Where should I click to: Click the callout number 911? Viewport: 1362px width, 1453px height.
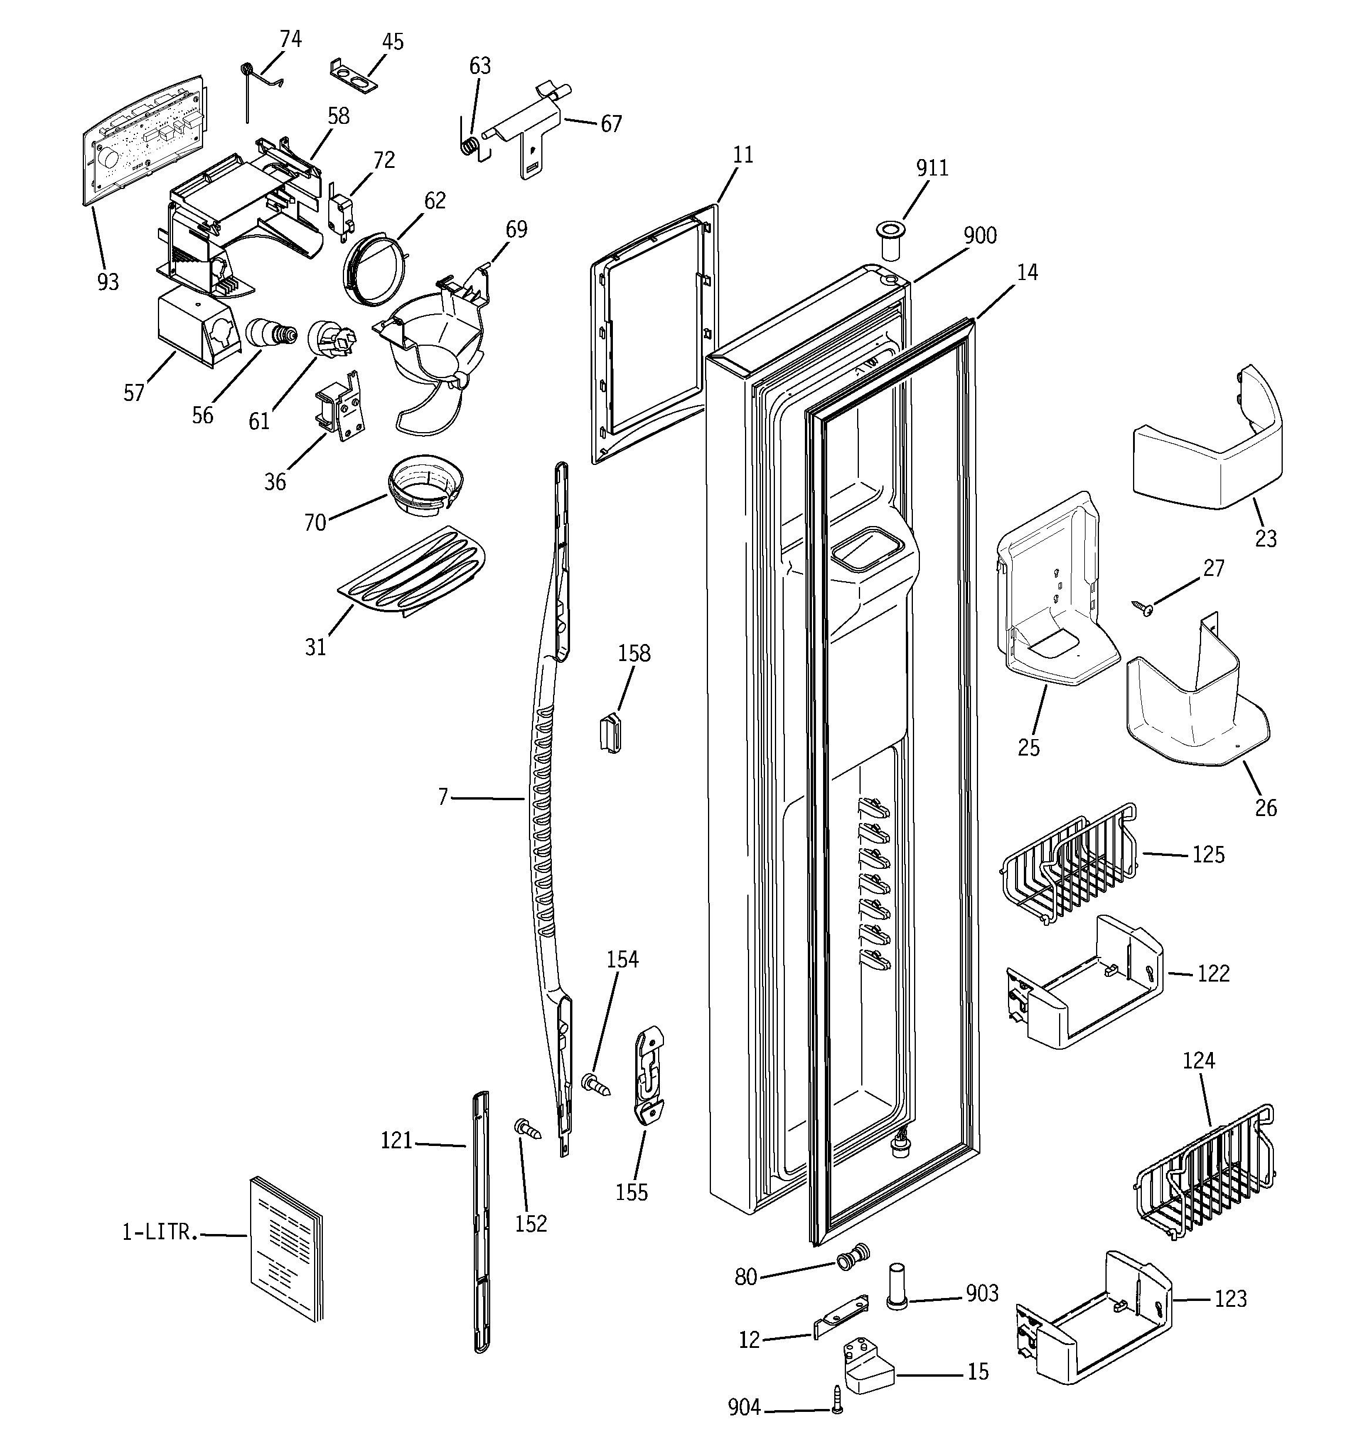[932, 168]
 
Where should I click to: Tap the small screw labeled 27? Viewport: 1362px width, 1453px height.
[1141, 606]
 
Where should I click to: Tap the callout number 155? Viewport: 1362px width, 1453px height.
[631, 1192]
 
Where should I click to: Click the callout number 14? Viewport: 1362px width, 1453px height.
[1027, 272]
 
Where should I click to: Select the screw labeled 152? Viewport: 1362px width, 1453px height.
[528, 1129]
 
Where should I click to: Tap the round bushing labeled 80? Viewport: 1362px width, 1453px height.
[852, 1256]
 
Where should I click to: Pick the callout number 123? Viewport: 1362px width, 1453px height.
[1230, 1299]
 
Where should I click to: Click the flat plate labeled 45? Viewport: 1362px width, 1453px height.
[355, 77]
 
